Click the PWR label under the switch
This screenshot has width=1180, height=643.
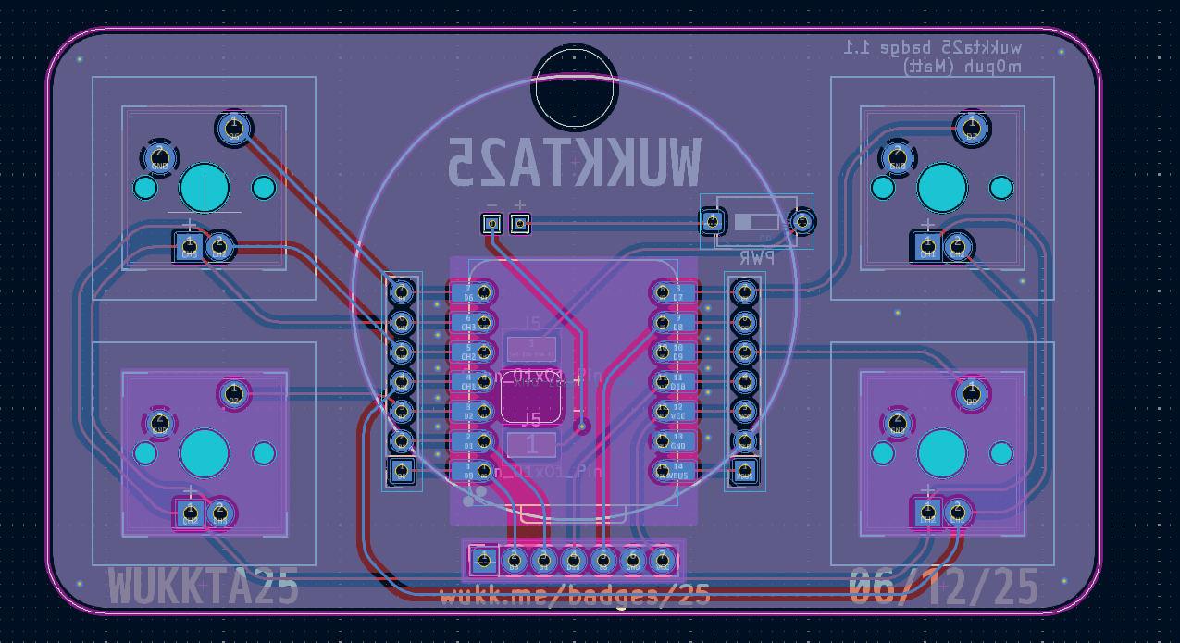tap(756, 258)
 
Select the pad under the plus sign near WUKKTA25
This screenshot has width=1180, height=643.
tap(520, 223)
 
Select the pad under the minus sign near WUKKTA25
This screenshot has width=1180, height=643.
tap(491, 223)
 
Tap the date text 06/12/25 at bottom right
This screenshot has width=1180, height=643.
tap(943, 587)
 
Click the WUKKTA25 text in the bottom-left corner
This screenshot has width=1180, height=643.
tap(204, 587)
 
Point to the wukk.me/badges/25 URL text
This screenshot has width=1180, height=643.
tap(575, 595)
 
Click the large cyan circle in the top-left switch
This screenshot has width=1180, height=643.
tap(205, 188)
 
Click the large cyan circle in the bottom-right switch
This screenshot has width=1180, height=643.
tap(942, 453)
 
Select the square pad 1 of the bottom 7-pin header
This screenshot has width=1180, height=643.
tap(483, 560)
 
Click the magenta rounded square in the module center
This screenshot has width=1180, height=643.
tap(531, 397)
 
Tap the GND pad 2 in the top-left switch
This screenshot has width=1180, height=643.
tap(160, 156)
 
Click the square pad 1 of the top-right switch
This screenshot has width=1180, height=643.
tap(927, 246)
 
